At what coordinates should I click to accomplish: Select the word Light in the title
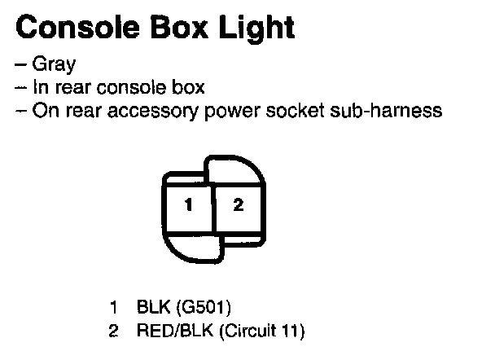256,29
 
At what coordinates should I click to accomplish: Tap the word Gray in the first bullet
53,65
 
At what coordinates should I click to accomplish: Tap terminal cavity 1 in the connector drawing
188,206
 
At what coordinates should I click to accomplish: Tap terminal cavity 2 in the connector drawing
238,206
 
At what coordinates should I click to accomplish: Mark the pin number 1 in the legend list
114,309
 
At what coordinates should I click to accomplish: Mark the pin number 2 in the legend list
114,331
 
